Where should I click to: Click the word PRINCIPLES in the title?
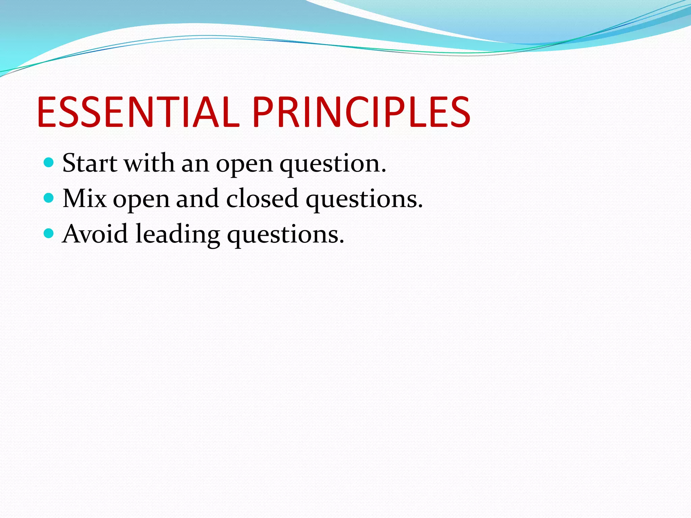pyautogui.click(x=361, y=112)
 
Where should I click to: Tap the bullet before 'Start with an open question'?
pyautogui.click(x=49, y=163)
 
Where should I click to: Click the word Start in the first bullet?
pyautogui.click(x=90, y=163)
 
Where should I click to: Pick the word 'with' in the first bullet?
pyautogui.click(x=149, y=163)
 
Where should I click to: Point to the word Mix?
pyautogui.click(x=84, y=199)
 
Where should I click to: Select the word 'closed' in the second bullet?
pyautogui.click(x=262, y=199)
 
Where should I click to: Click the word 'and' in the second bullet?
pyautogui.click(x=197, y=199)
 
